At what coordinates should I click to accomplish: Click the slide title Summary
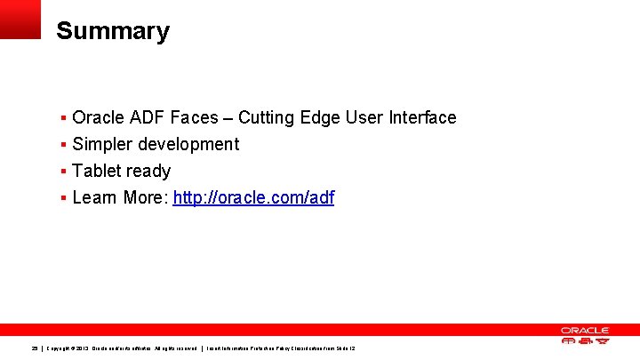112,31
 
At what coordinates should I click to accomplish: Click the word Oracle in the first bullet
98,117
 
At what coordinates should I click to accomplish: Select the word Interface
425,117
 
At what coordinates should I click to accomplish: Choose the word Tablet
96,171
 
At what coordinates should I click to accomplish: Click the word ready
148,171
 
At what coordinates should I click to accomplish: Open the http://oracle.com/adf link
253,197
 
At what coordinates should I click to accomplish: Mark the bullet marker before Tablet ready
63,171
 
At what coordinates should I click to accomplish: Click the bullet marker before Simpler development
63,144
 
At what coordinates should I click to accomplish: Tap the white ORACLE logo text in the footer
584,330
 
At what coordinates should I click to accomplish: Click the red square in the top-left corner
20,19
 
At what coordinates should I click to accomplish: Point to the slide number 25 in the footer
35,348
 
